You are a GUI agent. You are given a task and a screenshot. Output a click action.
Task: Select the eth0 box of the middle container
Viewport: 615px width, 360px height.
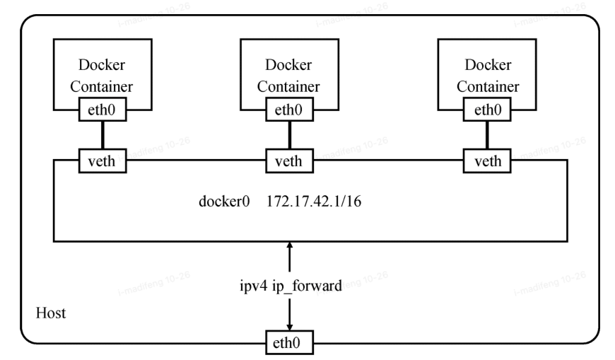point(288,110)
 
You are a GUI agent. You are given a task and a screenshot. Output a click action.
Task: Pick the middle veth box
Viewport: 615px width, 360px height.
point(288,161)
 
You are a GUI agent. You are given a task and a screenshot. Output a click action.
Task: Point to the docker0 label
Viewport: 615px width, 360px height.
point(224,201)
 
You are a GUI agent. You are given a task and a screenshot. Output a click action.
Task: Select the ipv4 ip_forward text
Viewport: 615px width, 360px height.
point(290,288)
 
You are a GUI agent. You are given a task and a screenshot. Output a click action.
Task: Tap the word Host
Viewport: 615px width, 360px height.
point(51,313)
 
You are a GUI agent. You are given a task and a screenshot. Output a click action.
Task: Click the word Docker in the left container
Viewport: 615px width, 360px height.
point(104,65)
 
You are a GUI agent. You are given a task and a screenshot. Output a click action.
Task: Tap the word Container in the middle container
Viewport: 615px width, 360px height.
point(288,86)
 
